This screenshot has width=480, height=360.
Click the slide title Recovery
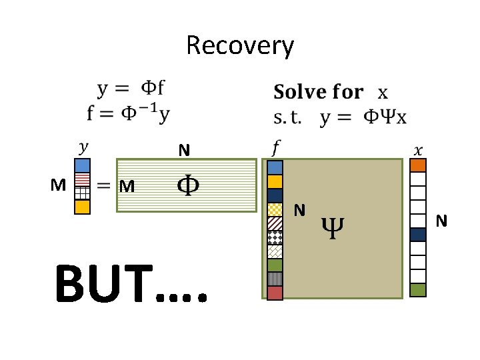pyautogui.click(x=239, y=46)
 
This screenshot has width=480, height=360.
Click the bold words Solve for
pyautogui.click(x=319, y=93)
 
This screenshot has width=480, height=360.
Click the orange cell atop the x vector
pyautogui.click(x=418, y=165)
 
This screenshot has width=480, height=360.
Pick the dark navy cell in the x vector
pyautogui.click(x=418, y=235)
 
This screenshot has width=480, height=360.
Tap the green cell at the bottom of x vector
pyautogui.click(x=418, y=290)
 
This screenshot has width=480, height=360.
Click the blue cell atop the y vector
pyautogui.click(x=82, y=165)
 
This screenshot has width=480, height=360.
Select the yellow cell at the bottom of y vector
pyautogui.click(x=82, y=207)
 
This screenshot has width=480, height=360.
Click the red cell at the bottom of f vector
pyautogui.click(x=275, y=293)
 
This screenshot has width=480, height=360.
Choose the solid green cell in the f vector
pyautogui.click(x=275, y=265)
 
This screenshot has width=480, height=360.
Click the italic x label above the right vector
pyautogui.click(x=418, y=148)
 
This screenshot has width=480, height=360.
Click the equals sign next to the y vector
pyautogui.click(x=104, y=187)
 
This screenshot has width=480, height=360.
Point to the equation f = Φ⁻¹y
pyautogui.click(x=128, y=113)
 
